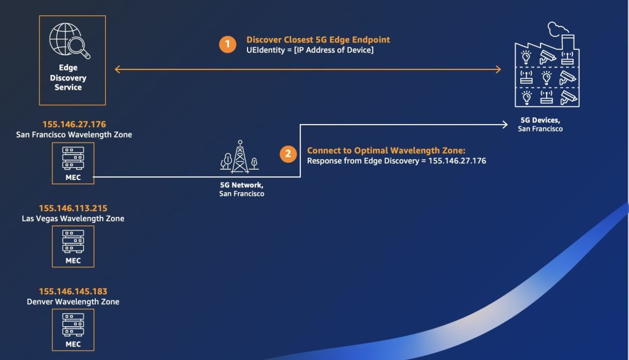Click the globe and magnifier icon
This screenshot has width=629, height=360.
coord(69,41)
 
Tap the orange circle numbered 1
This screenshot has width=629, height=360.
coord(227,44)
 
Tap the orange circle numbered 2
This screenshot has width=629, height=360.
coord(288,154)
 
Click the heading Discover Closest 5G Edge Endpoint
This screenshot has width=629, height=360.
coord(318,39)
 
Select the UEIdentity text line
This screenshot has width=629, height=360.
coord(310,50)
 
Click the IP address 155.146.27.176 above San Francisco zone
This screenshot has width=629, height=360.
coord(74,124)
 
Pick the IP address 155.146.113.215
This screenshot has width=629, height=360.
coord(73,208)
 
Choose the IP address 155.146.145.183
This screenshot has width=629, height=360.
coord(73,291)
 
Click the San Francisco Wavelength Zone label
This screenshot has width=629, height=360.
coord(74,135)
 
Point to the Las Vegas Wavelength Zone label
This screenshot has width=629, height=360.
coord(73,218)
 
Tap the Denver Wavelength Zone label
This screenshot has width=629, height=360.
coord(73,302)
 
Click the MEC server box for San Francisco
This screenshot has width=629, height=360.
coord(73,163)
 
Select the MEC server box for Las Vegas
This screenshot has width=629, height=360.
coord(73,246)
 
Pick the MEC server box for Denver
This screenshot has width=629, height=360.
coord(73,330)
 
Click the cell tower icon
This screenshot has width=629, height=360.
coord(240,157)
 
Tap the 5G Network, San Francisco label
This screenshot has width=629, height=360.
coord(241,189)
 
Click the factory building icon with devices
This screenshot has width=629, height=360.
coord(547,65)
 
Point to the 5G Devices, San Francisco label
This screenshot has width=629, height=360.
coord(541,125)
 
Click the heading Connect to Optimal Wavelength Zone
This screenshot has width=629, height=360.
coord(386,151)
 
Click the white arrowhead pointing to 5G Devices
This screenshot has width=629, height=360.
coord(506,125)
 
